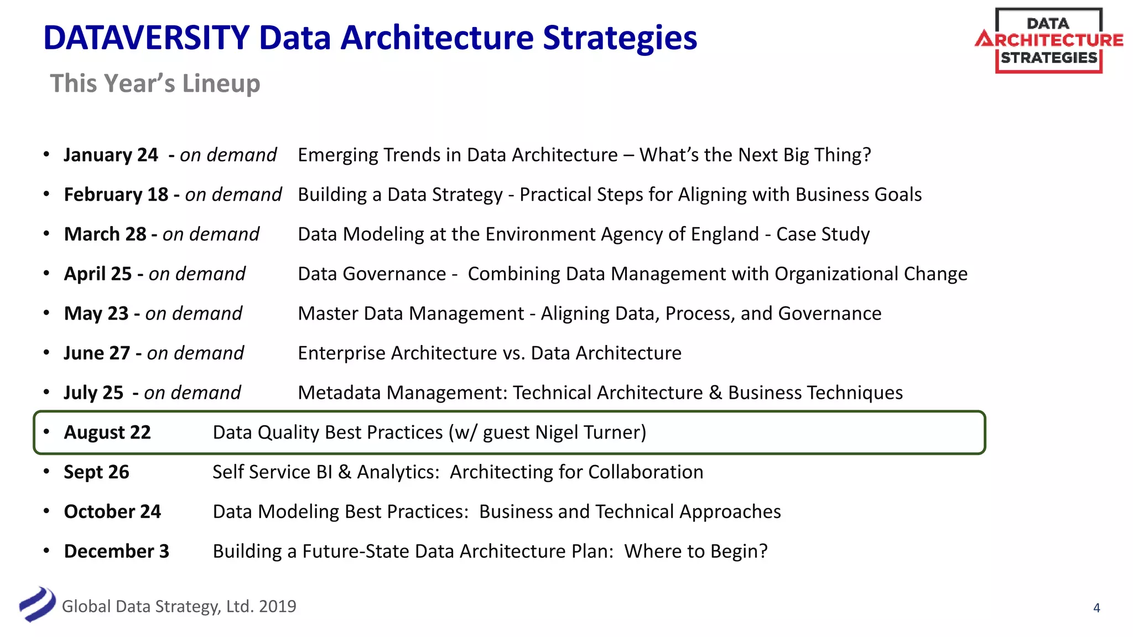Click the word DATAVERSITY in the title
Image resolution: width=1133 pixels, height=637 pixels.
pos(147,38)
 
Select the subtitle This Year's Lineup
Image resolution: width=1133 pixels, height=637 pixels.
pos(155,83)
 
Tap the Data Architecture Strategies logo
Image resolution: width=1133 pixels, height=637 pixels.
pos(1049,41)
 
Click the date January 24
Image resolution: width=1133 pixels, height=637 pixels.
pos(111,155)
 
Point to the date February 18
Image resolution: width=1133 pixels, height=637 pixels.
pos(116,195)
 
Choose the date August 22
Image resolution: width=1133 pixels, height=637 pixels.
pos(107,432)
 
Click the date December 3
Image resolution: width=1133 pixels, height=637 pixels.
pos(117,551)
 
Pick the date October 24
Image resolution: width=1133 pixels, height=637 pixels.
pos(112,511)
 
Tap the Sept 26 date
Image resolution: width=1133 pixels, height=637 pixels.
pos(96,472)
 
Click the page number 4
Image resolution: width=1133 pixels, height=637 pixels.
pos(1096,608)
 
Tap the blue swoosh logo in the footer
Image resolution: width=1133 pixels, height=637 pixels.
pos(38,604)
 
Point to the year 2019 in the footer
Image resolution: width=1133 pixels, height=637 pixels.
pos(277,607)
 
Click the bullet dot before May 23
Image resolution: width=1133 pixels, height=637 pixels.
pos(46,313)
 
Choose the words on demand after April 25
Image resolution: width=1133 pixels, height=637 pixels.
pos(197,274)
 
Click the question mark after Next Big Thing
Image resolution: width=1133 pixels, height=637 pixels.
pos(866,155)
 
